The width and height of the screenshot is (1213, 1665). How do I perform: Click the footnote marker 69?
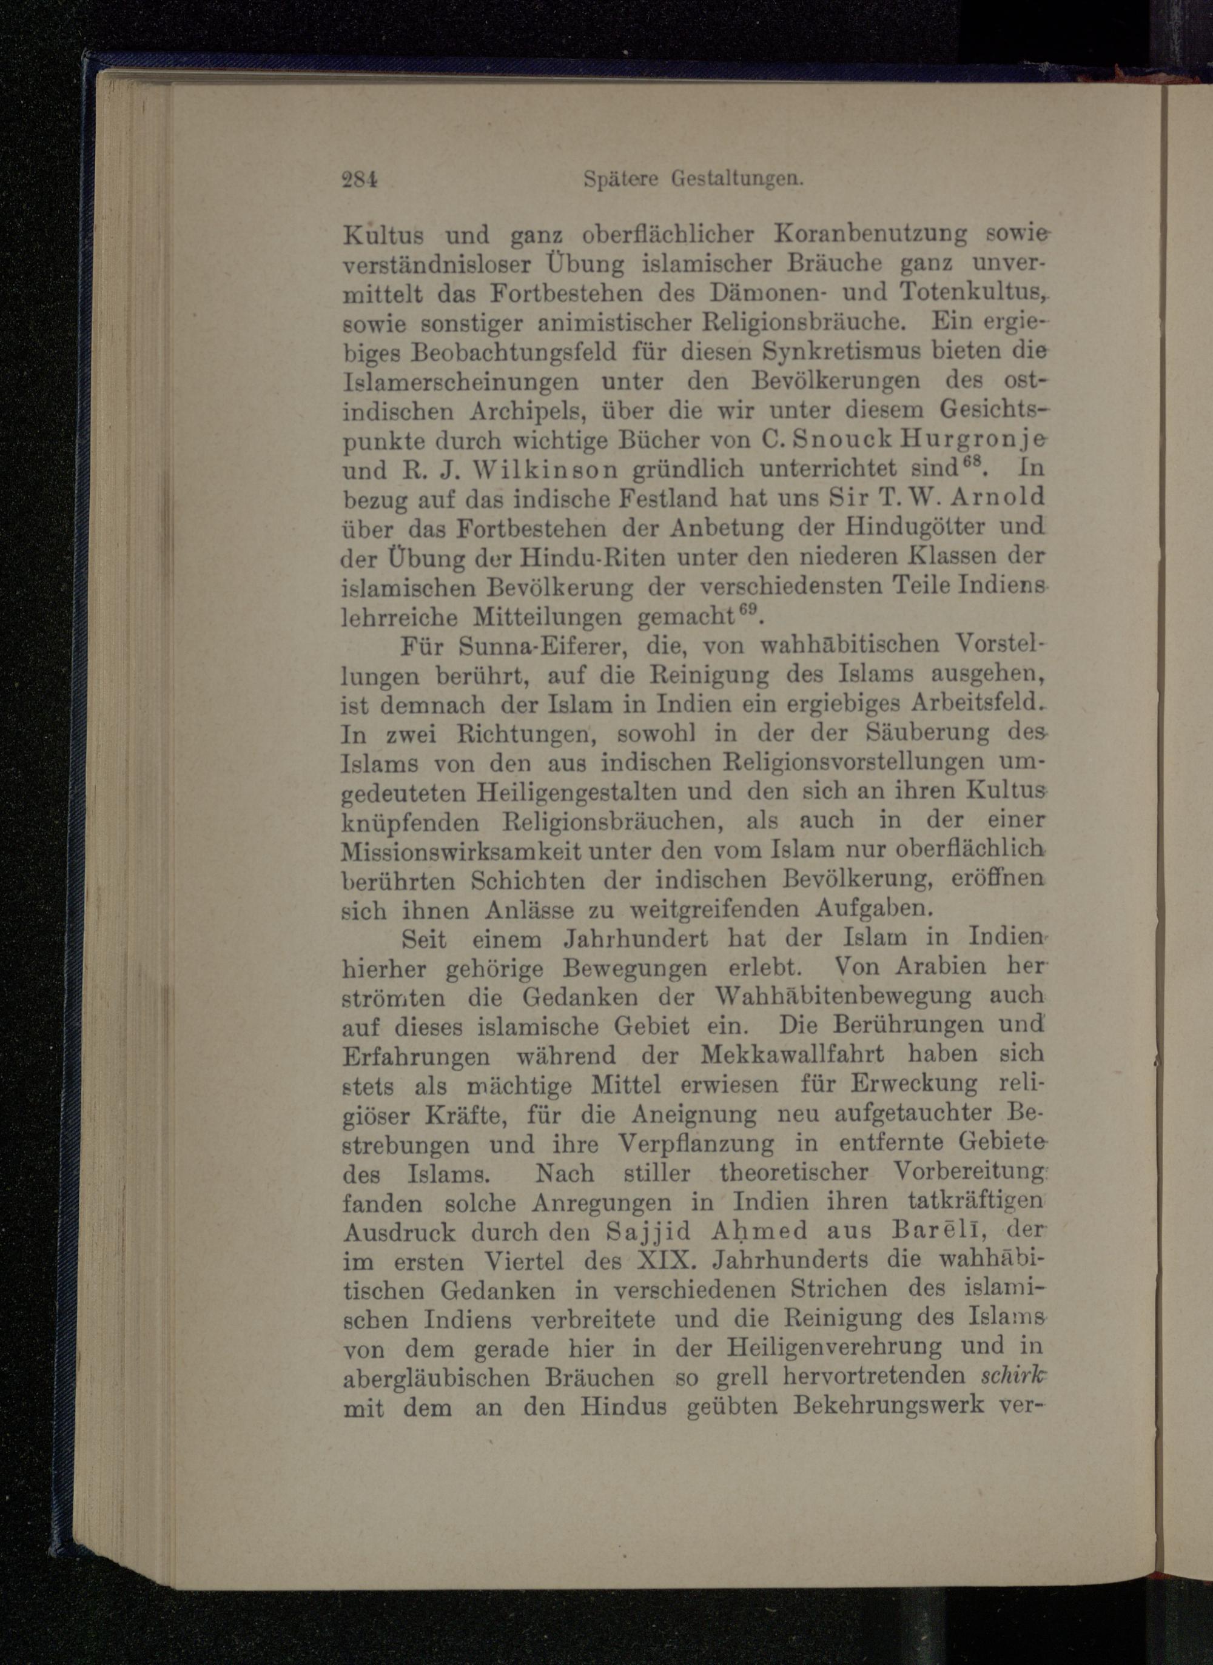click(747, 608)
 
